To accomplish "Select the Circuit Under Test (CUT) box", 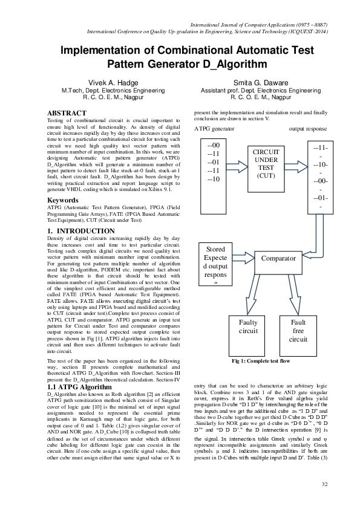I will click(x=266, y=163).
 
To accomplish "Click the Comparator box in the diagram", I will click(x=278, y=258).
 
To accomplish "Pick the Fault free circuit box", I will click(x=298, y=331).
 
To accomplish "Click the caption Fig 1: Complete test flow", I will click(x=261, y=361).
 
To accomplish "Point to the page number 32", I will click(x=324, y=484).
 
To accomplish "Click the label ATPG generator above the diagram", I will click(x=214, y=129).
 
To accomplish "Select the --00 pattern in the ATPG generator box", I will click(x=214, y=146).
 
